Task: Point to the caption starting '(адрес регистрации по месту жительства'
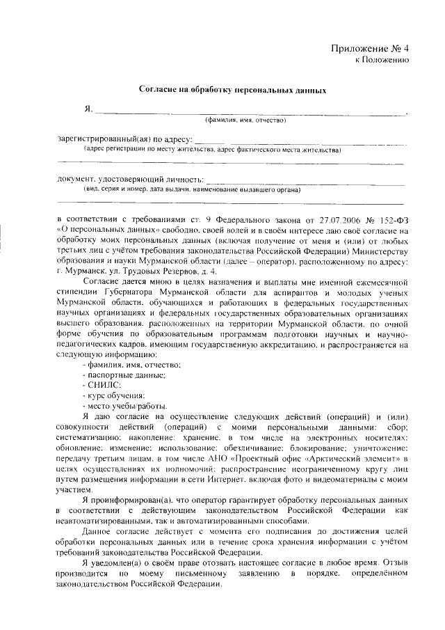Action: coord(211,150)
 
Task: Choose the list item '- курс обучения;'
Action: coord(115,395)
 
